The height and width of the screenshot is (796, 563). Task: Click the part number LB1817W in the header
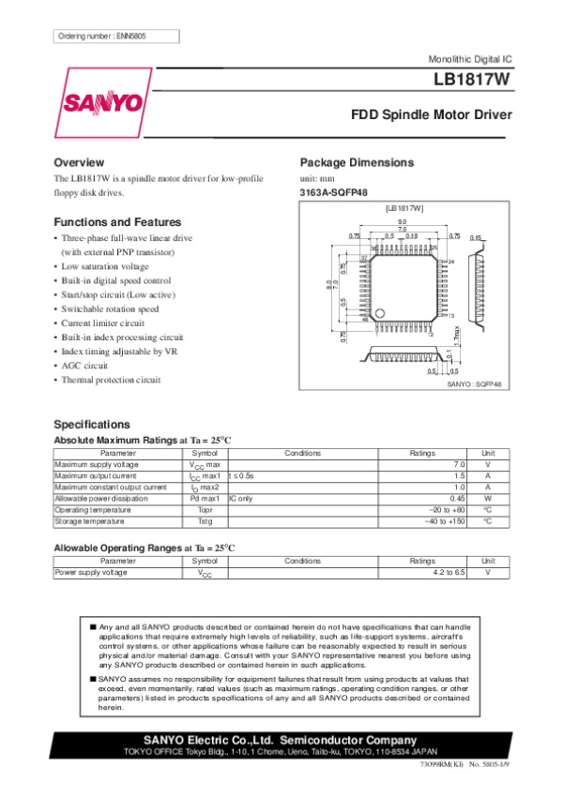(x=473, y=81)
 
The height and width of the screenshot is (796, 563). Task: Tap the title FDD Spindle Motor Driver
(x=432, y=116)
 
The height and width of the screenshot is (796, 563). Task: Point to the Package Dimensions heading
(x=356, y=162)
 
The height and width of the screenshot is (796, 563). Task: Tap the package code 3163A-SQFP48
(x=333, y=194)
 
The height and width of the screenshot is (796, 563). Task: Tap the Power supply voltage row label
(x=91, y=572)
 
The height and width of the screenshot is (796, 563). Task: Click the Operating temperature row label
(x=94, y=509)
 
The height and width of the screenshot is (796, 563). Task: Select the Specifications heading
(x=91, y=424)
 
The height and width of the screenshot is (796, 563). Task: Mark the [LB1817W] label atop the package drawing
(x=404, y=207)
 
